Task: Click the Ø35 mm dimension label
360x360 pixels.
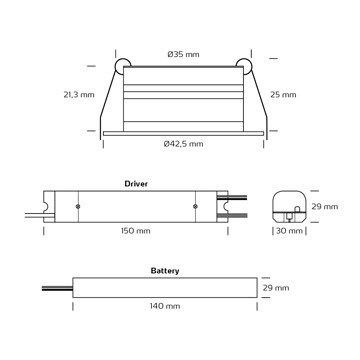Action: (183, 54)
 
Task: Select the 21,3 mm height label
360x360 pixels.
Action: (79, 95)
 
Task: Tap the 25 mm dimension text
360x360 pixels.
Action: (283, 95)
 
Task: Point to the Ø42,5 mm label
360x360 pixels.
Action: (183, 144)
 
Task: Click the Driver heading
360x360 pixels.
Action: (136, 184)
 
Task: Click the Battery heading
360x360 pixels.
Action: (165, 271)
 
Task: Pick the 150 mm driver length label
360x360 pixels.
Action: (136, 231)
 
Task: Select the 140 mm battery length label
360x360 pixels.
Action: (165, 306)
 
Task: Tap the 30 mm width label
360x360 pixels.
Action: (289, 231)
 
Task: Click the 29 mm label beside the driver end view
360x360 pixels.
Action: (325, 207)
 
